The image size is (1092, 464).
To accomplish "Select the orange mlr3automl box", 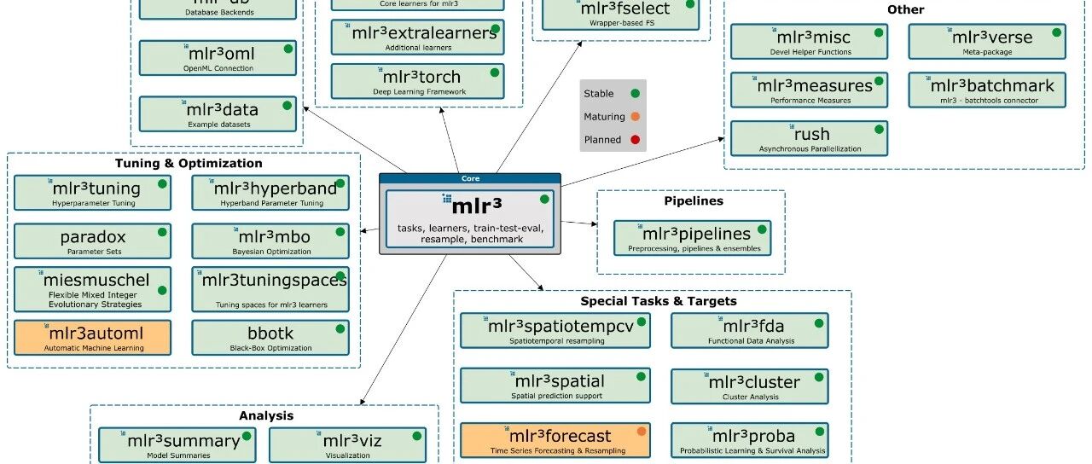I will click(93, 338).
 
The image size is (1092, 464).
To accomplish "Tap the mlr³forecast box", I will click(555, 440).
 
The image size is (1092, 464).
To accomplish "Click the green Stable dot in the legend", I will click(635, 94).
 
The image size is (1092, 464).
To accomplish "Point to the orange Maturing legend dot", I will click(635, 117).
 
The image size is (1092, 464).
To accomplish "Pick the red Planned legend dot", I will click(635, 140).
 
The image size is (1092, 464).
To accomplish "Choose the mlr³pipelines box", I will click(692, 238).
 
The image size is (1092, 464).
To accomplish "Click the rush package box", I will click(809, 138).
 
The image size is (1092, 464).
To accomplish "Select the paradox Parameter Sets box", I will click(93, 241).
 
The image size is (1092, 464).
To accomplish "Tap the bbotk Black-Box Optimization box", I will click(270, 338).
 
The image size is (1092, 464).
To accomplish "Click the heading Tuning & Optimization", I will click(189, 163).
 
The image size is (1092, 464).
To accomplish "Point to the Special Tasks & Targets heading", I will click(659, 300).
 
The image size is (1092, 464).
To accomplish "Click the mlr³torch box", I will click(418, 81).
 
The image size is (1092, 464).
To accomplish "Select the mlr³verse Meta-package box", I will click(987, 42).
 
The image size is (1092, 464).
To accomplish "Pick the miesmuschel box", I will click(93, 289).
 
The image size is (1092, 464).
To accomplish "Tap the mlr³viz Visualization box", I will click(348, 445).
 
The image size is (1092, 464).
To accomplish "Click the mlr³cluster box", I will click(750, 386).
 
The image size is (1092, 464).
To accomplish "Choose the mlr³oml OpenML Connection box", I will click(218, 58).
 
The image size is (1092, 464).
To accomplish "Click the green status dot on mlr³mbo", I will click(340, 231).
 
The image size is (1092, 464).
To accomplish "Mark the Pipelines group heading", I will click(694, 201).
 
